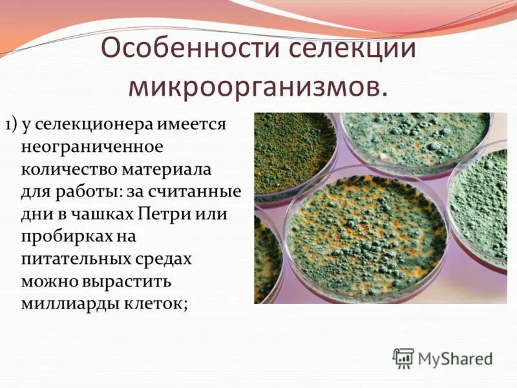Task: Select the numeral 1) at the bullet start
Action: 13,124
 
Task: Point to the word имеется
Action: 194,124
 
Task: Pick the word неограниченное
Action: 92,147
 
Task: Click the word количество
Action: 65,169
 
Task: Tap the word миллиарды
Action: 65,304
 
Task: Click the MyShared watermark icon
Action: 403,358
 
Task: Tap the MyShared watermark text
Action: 456,358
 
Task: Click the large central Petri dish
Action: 366,233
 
